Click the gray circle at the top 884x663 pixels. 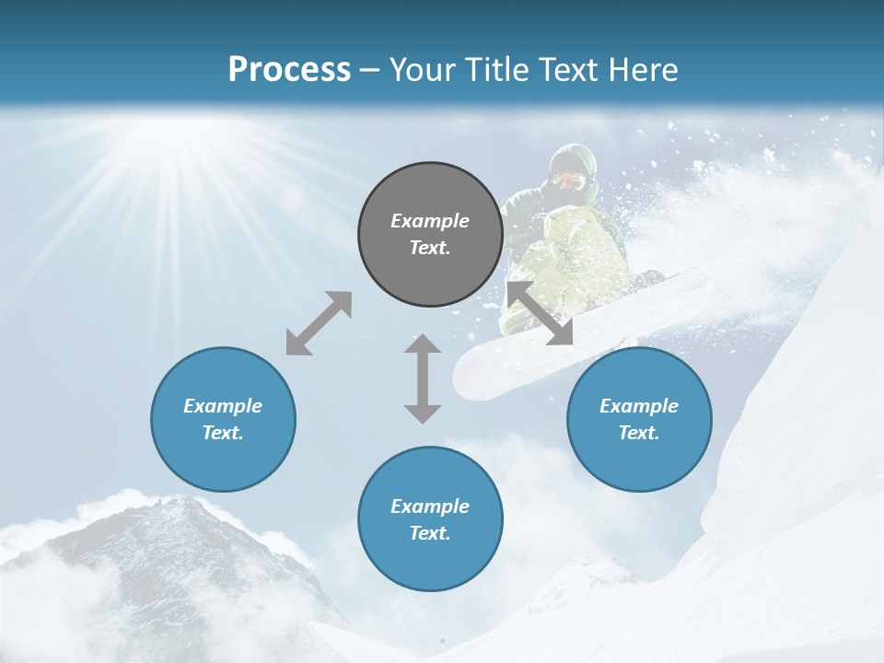(x=430, y=235)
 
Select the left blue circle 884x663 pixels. (x=223, y=419)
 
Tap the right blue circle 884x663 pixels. (x=639, y=419)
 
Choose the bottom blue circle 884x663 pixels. (x=430, y=519)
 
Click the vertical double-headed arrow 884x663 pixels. (x=423, y=378)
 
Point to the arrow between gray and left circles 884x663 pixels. (x=319, y=323)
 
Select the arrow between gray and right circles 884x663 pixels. (x=540, y=313)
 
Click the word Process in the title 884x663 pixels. (x=289, y=69)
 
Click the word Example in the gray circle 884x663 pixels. (x=430, y=221)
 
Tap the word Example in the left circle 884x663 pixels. (x=223, y=406)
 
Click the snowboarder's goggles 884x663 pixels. (x=569, y=180)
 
